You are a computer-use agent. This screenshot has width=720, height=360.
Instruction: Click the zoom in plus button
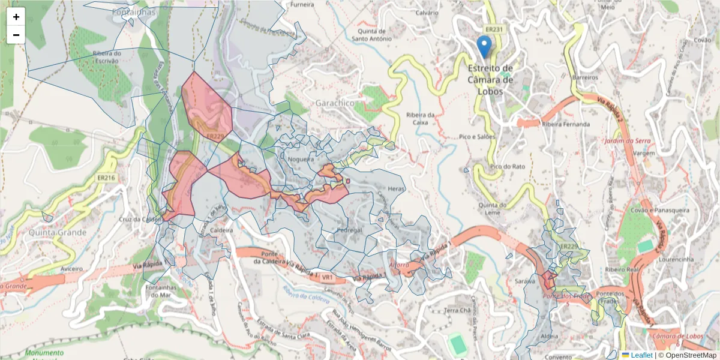(16, 17)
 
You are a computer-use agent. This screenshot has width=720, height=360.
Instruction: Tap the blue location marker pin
(484, 46)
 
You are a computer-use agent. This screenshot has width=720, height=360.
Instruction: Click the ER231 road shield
(495, 28)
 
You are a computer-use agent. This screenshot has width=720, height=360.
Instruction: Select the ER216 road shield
(106, 178)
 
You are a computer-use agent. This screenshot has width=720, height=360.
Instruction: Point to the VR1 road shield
(327, 278)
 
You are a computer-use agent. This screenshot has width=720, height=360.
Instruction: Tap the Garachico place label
(334, 103)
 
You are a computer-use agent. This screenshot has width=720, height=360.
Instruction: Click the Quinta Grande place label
(57, 232)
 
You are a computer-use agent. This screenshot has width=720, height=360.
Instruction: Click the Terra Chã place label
(457, 310)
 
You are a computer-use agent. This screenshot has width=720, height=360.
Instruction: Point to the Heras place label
(397, 188)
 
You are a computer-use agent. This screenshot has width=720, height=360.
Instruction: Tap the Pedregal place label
(350, 230)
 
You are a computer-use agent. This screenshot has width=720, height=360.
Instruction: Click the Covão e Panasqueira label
(659, 210)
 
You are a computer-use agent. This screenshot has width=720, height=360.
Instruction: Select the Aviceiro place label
(71, 269)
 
